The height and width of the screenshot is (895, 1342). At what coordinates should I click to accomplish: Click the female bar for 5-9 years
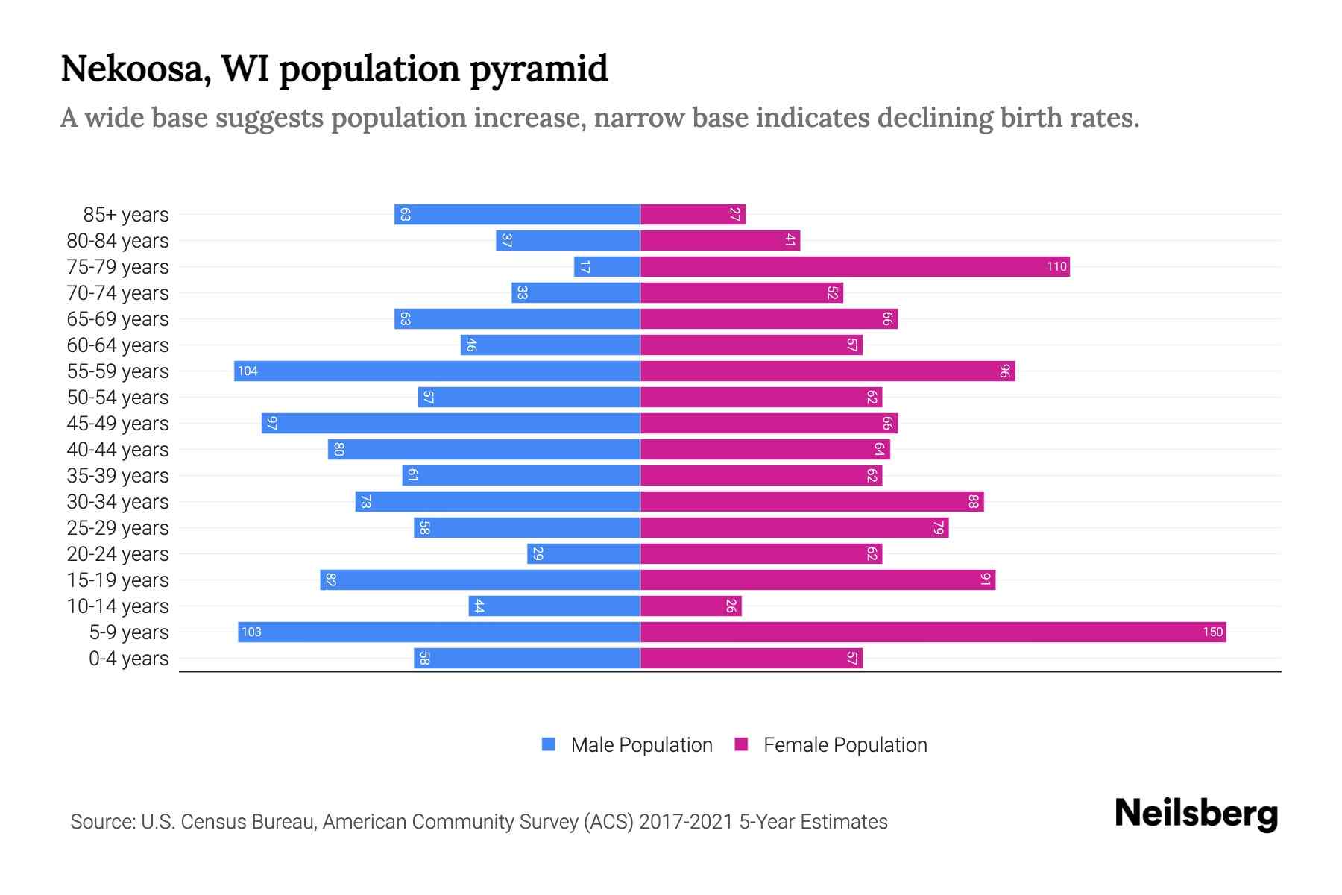(x=932, y=632)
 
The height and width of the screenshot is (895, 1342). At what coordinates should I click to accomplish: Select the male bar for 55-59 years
(x=437, y=371)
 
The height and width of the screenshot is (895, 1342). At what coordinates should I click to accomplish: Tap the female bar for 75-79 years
(x=854, y=267)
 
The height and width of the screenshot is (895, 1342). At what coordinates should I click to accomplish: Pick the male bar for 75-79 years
(x=607, y=267)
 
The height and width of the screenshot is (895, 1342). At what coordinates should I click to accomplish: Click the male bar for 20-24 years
(x=583, y=554)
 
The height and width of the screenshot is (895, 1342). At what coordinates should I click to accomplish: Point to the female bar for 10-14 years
(x=690, y=606)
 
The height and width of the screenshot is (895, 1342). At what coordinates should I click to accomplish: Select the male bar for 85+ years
(x=517, y=215)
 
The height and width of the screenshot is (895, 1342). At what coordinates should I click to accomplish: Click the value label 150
(x=1212, y=632)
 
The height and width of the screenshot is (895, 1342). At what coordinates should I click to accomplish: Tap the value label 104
(x=248, y=371)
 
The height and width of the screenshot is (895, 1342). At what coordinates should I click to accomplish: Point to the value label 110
(x=1056, y=267)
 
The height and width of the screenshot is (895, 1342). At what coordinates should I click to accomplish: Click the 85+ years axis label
(x=126, y=215)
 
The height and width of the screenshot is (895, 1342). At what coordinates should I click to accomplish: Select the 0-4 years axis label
(x=128, y=659)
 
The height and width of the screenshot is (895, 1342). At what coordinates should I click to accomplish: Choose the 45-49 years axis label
(x=118, y=424)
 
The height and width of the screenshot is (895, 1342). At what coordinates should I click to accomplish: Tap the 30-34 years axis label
(x=118, y=502)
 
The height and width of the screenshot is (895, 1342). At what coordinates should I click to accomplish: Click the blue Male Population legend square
(x=549, y=744)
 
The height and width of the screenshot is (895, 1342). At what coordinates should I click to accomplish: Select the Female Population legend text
(x=845, y=745)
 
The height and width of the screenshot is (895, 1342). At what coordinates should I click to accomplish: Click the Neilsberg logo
(x=1196, y=814)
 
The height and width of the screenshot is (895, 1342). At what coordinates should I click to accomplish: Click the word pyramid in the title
(x=538, y=69)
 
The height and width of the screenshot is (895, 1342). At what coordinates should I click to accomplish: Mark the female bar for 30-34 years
(x=811, y=502)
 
